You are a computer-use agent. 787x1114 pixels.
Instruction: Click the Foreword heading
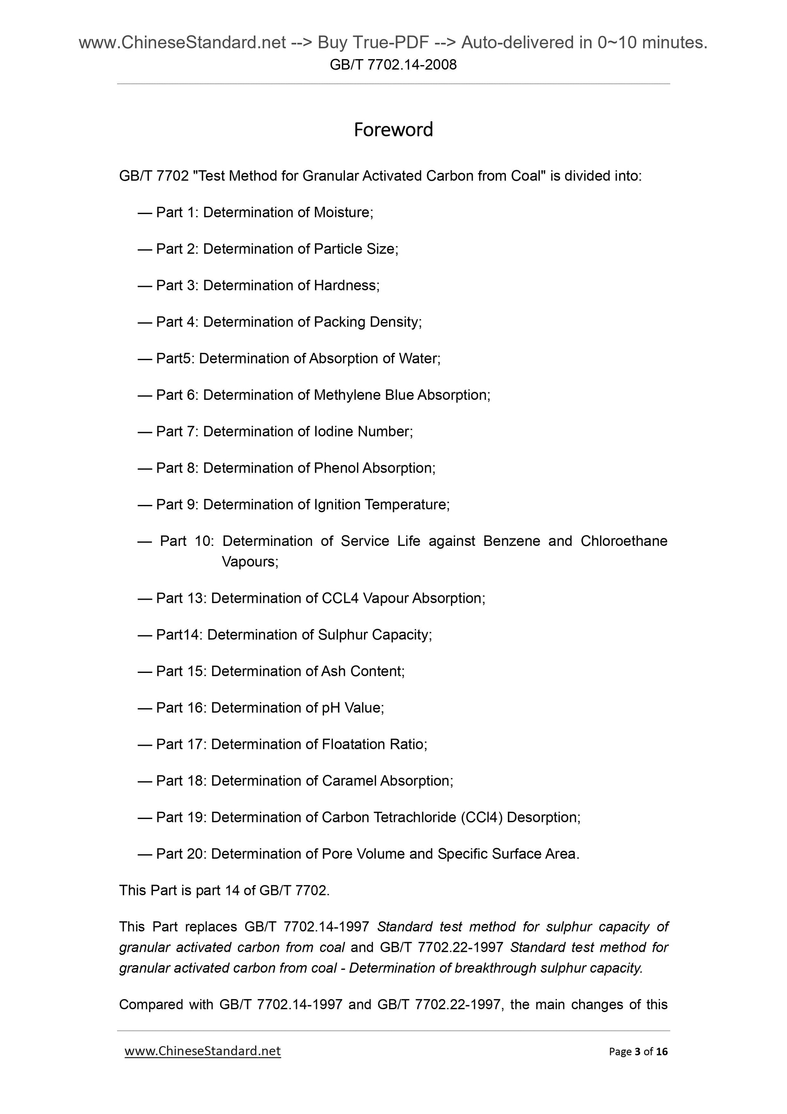pyautogui.click(x=393, y=130)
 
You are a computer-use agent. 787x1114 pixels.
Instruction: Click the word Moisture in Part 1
pyautogui.click(x=343, y=212)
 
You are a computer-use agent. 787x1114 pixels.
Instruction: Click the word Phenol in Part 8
pyautogui.click(x=336, y=468)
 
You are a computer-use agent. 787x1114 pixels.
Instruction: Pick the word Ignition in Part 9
pyautogui.click(x=337, y=505)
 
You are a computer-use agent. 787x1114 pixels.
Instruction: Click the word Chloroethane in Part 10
pyautogui.click(x=624, y=541)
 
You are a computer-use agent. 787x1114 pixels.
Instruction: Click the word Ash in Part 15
pyautogui.click(x=333, y=671)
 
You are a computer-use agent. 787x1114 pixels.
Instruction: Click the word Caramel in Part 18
pyautogui.click(x=349, y=781)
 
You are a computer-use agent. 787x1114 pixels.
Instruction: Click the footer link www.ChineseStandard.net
pyautogui.click(x=203, y=1051)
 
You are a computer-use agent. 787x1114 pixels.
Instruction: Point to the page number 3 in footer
pyautogui.click(x=636, y=1051)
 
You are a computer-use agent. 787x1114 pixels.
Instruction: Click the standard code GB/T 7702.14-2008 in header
pyautogui.click(x=393, y=65)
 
